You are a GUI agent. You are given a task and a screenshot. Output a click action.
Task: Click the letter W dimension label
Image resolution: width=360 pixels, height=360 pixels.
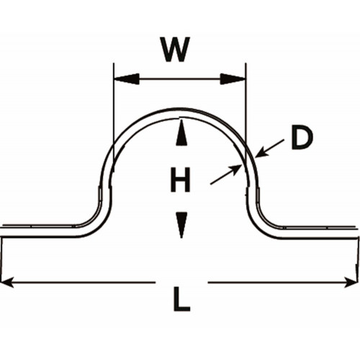click(x=176, y=50)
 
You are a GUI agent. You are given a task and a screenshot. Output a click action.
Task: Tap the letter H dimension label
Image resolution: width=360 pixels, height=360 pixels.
click(x=181, y=180)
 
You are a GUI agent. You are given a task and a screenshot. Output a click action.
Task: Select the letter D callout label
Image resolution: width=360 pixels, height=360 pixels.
click(x=302, y=138)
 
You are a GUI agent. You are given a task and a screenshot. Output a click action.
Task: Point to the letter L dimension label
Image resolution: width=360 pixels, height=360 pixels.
click(x=181, y=299)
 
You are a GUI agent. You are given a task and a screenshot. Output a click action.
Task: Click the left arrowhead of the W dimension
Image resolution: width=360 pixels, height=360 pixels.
click(x=127, y=78)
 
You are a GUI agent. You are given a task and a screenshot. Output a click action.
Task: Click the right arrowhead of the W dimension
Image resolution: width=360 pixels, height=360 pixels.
click(x=233, y=79)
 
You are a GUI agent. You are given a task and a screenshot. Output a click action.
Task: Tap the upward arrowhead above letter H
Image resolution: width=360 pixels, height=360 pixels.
click(x=181, y=132)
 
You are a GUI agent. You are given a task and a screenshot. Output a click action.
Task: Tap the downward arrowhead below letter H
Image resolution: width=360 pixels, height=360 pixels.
click(x=181, y=225)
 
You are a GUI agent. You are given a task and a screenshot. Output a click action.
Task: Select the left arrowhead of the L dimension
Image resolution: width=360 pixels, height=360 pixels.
click(x=7, y=282)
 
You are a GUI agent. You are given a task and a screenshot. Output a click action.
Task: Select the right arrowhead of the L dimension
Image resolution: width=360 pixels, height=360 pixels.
click(x=351, y=282)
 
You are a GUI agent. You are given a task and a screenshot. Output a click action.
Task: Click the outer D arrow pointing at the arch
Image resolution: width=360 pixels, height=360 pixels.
click(x=270, y=148)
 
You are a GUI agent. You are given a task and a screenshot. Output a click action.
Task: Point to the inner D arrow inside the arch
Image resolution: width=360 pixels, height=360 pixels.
click(x=225, y=174)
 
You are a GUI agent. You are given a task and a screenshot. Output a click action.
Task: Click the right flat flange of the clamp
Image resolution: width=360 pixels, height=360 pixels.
click(x=319, y=233)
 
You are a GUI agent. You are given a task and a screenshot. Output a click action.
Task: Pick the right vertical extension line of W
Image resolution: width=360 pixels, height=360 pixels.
click(x=246, y=114)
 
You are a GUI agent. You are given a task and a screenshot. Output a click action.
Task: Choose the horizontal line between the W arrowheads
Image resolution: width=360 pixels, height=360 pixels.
click(x=180, y=78)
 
